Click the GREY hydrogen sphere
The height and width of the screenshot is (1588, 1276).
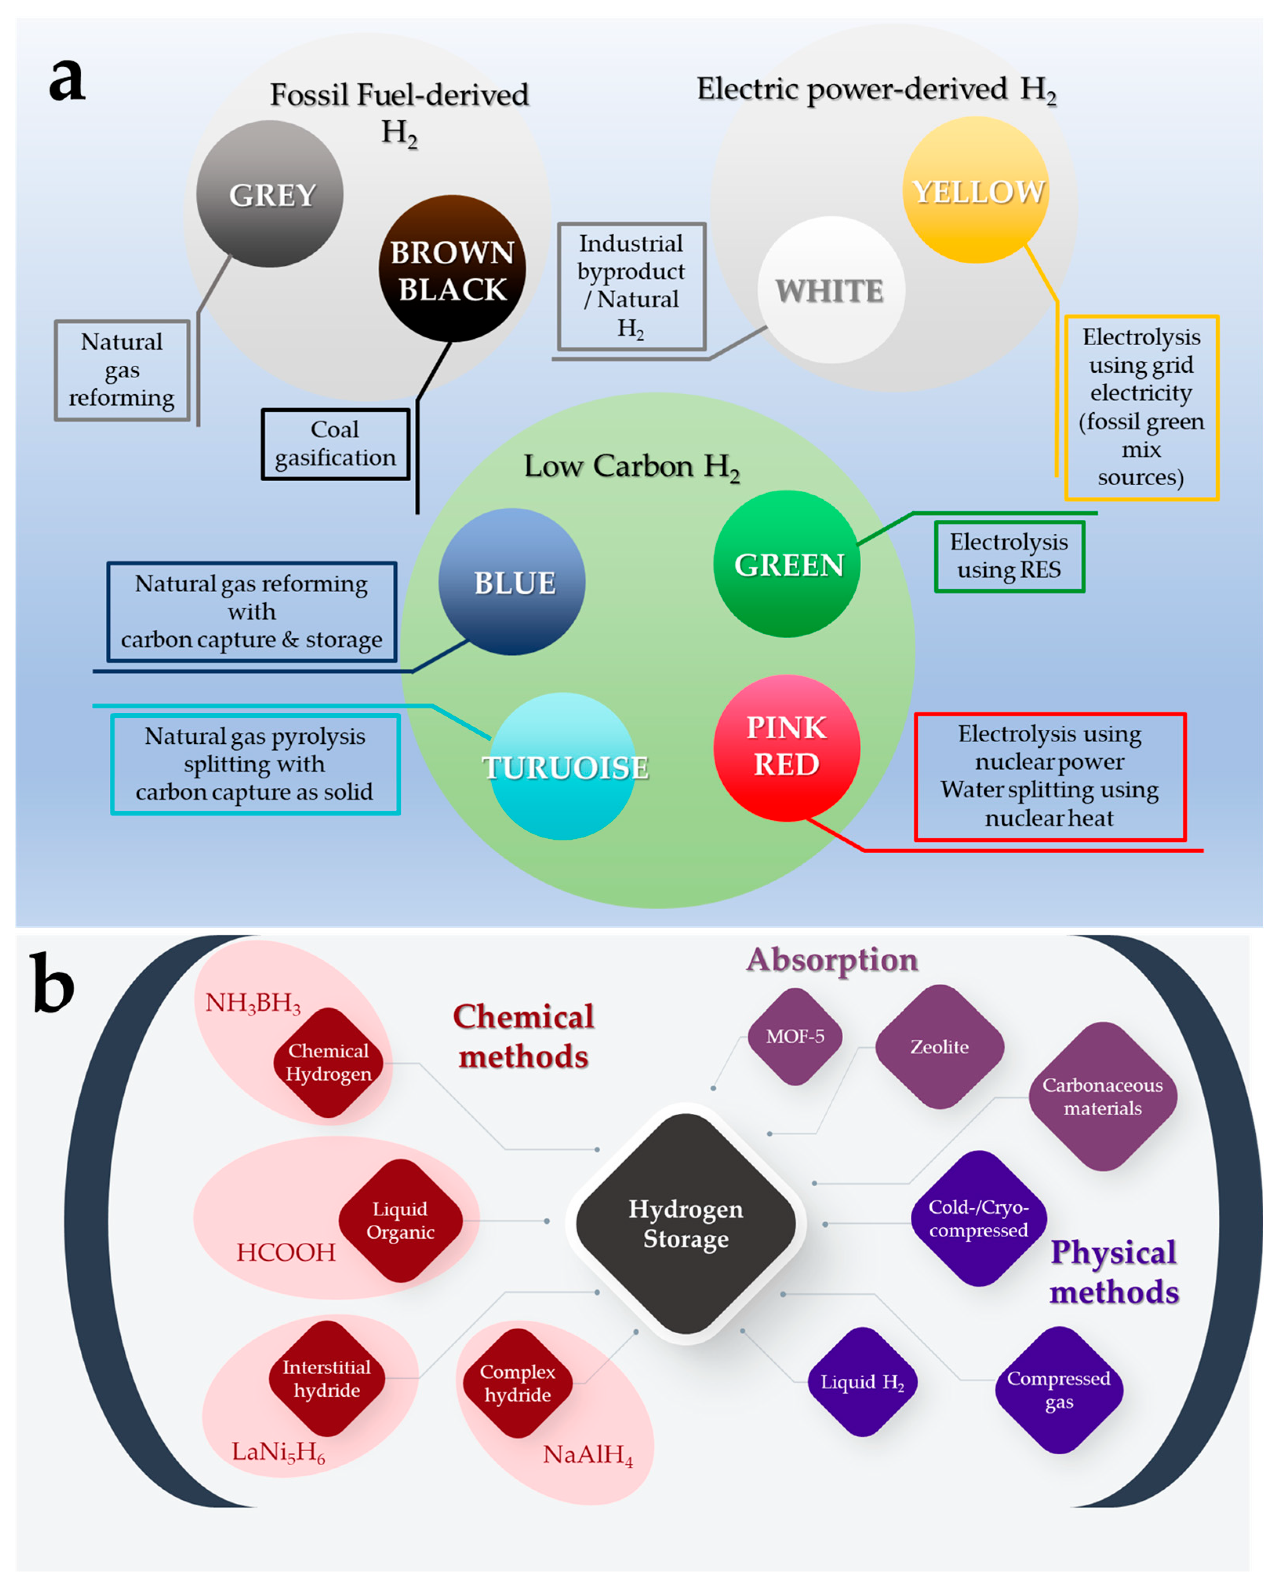click(270, 194)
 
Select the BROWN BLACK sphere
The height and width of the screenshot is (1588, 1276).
click(452, 269)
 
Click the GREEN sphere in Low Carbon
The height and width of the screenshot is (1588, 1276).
click(787, 564)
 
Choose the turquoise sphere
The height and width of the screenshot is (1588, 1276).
click(564, 766)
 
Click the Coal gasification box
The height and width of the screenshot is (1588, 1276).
click(335, 444)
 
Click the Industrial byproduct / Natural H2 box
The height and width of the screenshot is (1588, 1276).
click(632, 286)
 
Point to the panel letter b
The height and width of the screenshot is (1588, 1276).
click(53, 982)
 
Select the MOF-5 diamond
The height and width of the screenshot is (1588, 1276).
click(795, 1036)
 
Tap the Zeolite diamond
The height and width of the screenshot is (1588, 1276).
click(939, 1047)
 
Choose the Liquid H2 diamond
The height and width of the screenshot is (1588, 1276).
click(862, 1382)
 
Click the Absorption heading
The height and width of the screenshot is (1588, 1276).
click(832, 960)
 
